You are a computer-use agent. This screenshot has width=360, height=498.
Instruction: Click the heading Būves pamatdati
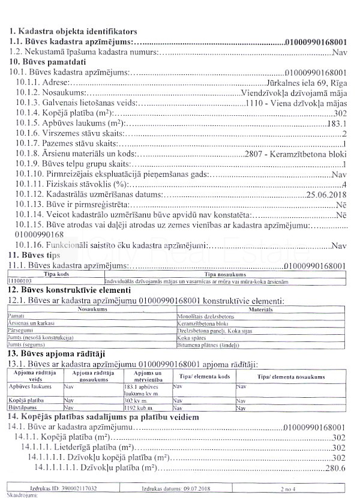(46, 62)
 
